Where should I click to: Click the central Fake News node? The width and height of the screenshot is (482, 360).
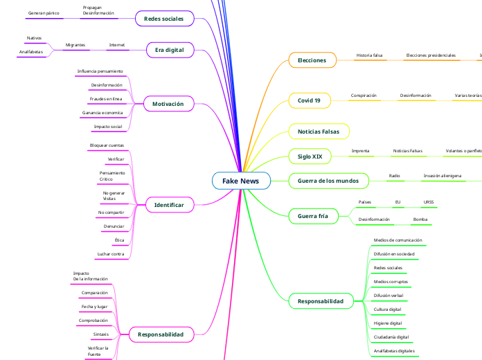click(240, 181)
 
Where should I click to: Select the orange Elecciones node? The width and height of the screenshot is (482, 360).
click(312, 61)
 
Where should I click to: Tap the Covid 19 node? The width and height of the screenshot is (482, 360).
click(309, 100)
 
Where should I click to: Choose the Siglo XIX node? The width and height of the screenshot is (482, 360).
click(310, 156)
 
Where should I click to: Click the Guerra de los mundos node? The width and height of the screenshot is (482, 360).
click(328, 181)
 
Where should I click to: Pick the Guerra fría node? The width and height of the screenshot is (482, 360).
click(312, 216)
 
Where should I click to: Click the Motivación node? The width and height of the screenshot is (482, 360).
click(168, 104)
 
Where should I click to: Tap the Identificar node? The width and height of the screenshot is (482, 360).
click(168, 205)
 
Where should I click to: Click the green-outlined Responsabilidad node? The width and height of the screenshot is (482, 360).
click(320, 301)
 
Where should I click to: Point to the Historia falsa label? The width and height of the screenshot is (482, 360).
click(369, 55)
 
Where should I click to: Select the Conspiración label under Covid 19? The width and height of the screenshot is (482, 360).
click(364, 96)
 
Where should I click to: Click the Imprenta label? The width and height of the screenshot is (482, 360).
click(360, 150)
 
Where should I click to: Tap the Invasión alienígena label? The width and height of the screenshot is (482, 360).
click(443, 176)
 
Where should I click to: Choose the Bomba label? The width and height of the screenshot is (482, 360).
click(420, 219)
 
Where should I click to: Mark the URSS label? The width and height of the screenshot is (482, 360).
click(429, 202)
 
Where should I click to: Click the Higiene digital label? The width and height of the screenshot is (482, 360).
click(388, 323)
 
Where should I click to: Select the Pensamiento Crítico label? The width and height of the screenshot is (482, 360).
click(112, 176)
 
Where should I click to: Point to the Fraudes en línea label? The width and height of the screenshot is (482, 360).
click(106, 99)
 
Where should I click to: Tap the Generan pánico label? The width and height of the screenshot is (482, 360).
click(43, 13)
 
